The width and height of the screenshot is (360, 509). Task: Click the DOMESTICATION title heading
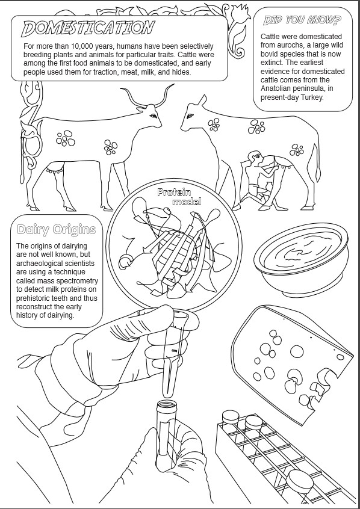(x=88, y=28)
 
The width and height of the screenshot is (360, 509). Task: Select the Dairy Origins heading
(x=56, y=229)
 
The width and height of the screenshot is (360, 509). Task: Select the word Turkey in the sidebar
(x=312, y=97)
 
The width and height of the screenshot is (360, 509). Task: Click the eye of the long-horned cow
(x=153, y=116)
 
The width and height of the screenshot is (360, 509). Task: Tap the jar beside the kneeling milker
(x=268, y=187)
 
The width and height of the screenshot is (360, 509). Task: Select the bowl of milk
(x=301, y=259)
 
